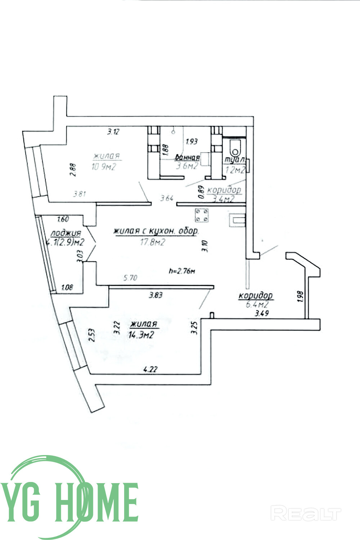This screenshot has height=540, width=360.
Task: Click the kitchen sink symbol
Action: [237, 220]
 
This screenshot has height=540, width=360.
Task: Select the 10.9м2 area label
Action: [104, 167]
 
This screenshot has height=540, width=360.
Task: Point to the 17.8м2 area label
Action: [153, 242]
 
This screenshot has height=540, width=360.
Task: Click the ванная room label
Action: [187, 158]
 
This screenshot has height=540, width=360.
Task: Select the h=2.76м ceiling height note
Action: [182, 271]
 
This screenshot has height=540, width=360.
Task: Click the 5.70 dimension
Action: [130, 278]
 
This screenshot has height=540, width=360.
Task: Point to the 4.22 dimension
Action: [151, 369]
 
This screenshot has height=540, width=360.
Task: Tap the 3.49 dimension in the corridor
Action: [262, 314]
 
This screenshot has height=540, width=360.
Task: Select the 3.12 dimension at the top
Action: [113, 132]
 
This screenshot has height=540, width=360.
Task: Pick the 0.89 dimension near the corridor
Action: [202, 192]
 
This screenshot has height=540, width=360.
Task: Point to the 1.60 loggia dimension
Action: [63, 219]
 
